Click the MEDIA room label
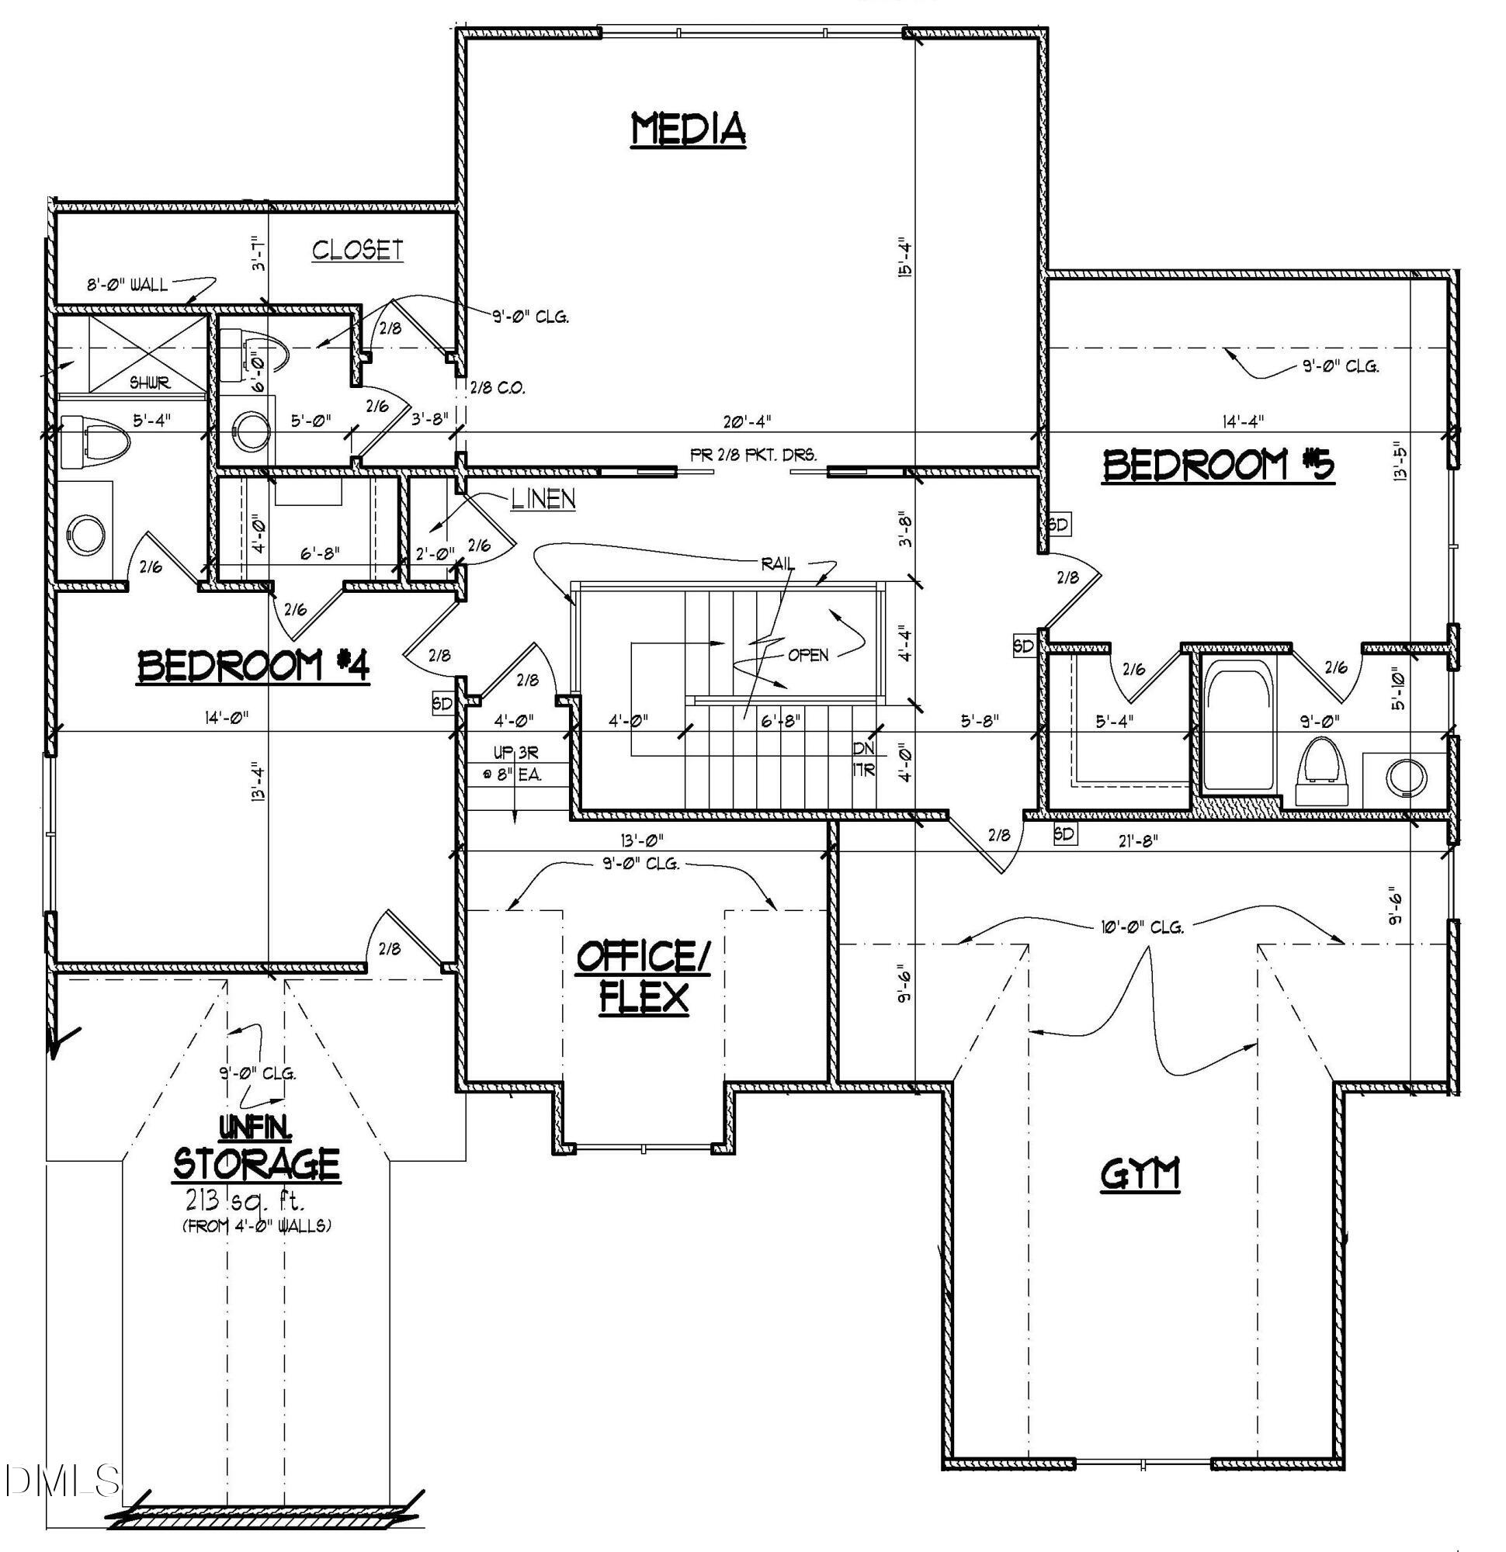pyautogui.click(x=688, y=129)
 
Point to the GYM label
pyautogui.click(x=1140, y=1174)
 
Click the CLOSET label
pyautogui.click(x=357, y=250)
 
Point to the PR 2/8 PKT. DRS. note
pyautogui.click(x=752, y=455)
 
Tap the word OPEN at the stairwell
pyautogui.click(x=807, y=655)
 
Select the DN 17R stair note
pyautogui.click(x=863, y=758)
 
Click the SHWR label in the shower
pyautogui.click(x=151, y=383)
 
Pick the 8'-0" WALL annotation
pyautogui.click(x=127, y=284)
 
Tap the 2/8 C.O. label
pyautogui.click(x=497, y=388)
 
